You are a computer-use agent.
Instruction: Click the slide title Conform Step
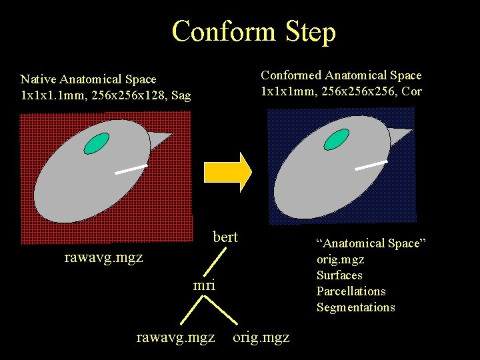point(254,31)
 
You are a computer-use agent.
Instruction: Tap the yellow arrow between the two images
point(227,172)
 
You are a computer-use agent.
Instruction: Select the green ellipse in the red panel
point(97,142)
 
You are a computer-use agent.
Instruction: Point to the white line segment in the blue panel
point(371,165)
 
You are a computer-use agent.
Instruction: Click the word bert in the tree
point(225,237)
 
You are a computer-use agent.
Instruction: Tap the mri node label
point(204,285)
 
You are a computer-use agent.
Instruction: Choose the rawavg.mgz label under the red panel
point(103,257)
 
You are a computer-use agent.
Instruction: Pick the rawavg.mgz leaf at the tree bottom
point(175,337)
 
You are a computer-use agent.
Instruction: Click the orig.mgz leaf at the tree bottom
point(261,337)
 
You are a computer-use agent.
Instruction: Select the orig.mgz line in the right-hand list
point(340,259)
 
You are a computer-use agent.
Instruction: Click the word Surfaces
point(339,275)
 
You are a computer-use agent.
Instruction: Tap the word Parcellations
point(351,291)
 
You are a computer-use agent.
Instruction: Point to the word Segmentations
point(355,307)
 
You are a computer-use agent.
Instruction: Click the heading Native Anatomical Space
point(88,79)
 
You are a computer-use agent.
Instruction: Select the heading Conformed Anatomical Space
point(341,75)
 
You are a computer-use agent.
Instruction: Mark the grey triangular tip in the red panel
point(159,139)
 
